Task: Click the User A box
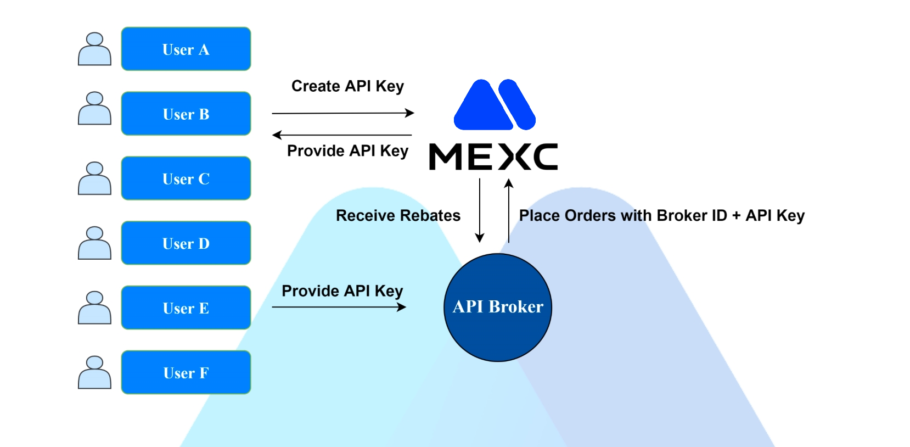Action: click(186, 49)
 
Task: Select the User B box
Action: click(186, 114)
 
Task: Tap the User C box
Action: click(186, 178)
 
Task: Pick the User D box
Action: click(186, 243)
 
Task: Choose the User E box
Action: click(186, 308)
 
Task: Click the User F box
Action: click(186, 372)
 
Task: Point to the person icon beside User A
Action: click(94, 49)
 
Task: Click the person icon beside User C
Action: click(94, 178)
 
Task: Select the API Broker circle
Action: click(498, 307)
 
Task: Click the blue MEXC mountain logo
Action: click(494, 105)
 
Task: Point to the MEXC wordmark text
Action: click(493, 157)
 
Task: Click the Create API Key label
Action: click(347, 86)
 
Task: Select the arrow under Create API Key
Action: click(342, 113)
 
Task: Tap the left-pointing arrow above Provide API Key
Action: click(342, 135)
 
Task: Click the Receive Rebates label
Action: click(398, 215)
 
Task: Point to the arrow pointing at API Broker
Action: click(339, 307)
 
